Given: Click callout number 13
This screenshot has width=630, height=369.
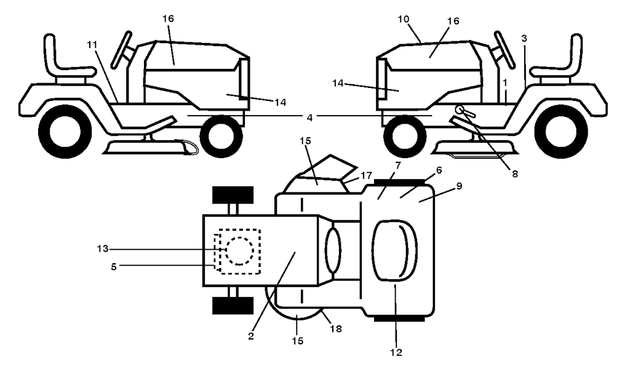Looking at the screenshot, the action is [103, 249].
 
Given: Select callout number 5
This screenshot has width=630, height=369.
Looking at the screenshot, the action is [114, 266].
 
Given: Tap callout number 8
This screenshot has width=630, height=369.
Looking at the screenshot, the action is [515, 174].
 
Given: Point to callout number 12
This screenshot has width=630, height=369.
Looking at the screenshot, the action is [396, 352].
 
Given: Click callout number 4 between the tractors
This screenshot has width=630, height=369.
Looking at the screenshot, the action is [309, 117].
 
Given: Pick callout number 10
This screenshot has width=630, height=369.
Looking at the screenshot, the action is [404, 19].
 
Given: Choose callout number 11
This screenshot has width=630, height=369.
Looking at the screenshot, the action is [92, 44].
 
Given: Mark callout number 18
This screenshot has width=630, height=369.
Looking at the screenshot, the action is [336, 329].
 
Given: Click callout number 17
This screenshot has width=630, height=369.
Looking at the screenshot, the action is [366, 175].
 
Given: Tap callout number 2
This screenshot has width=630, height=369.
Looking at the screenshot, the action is [251, 336].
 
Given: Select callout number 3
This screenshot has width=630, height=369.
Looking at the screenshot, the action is [524, 39].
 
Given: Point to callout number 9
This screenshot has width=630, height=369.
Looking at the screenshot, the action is [459, 186].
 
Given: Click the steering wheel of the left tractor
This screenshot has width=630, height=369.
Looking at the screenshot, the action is [121, 49].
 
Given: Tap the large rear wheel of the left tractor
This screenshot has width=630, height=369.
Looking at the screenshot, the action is [65, 131].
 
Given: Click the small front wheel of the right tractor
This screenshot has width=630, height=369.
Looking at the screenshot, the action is [405, 136].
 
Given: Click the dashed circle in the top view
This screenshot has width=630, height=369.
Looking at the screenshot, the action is [239, 250].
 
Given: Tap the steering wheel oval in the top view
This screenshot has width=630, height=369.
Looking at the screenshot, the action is [333, 250].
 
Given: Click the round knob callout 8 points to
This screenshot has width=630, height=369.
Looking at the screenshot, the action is [459, 109].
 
